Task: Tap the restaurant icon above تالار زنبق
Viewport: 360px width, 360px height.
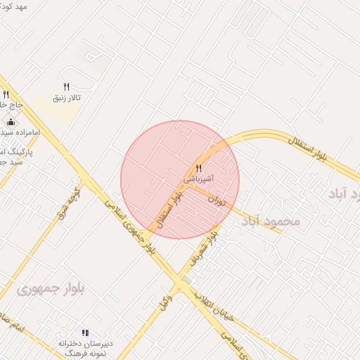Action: (x=66, y=86)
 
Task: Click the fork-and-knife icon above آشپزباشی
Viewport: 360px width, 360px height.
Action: (x=199, y=169)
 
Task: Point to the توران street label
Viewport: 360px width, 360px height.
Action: (x=217, y=200)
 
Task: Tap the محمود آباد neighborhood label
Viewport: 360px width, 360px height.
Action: (x=271, y=221)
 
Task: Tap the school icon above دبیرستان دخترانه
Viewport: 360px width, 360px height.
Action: (x=85, y=333)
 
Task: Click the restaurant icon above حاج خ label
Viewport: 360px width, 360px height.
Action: (x=6, y=94)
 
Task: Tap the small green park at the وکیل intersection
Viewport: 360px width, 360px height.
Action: (x=186, y=281)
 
